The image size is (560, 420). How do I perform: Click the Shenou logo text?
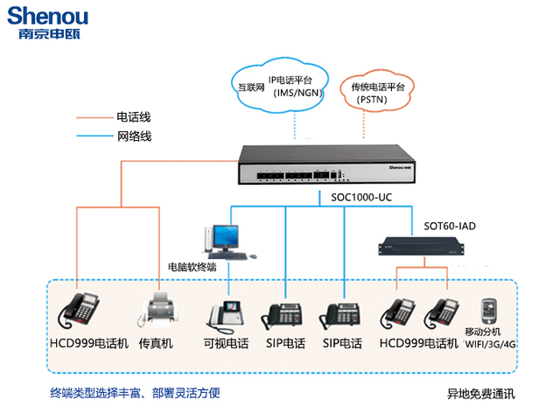tap(47, 16)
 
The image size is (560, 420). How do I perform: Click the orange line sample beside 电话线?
tap(94, 117)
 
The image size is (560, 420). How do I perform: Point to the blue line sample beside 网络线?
tap(94, 136)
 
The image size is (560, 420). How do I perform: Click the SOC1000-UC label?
tap(361, 198)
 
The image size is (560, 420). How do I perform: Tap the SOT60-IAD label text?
tap(450, 226)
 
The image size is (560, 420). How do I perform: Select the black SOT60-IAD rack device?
tap(422, 247)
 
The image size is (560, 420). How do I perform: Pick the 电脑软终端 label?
tap(192, 267)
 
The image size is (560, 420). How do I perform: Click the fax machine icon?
tap(157, 309)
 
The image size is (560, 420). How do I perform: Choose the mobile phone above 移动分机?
tap(488, 311)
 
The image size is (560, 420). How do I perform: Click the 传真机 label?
tap(156, 344)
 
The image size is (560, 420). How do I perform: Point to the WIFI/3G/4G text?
tap(491, 344)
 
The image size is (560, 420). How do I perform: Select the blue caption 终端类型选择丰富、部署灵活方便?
tap(135, 393)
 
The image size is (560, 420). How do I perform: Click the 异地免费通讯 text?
tap(481, 394)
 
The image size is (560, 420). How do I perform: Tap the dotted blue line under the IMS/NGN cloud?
tap(295, 126)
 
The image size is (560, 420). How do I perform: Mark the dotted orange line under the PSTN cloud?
tap(364, 124)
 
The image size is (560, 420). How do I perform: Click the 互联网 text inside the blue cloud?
tap(251, 87)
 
